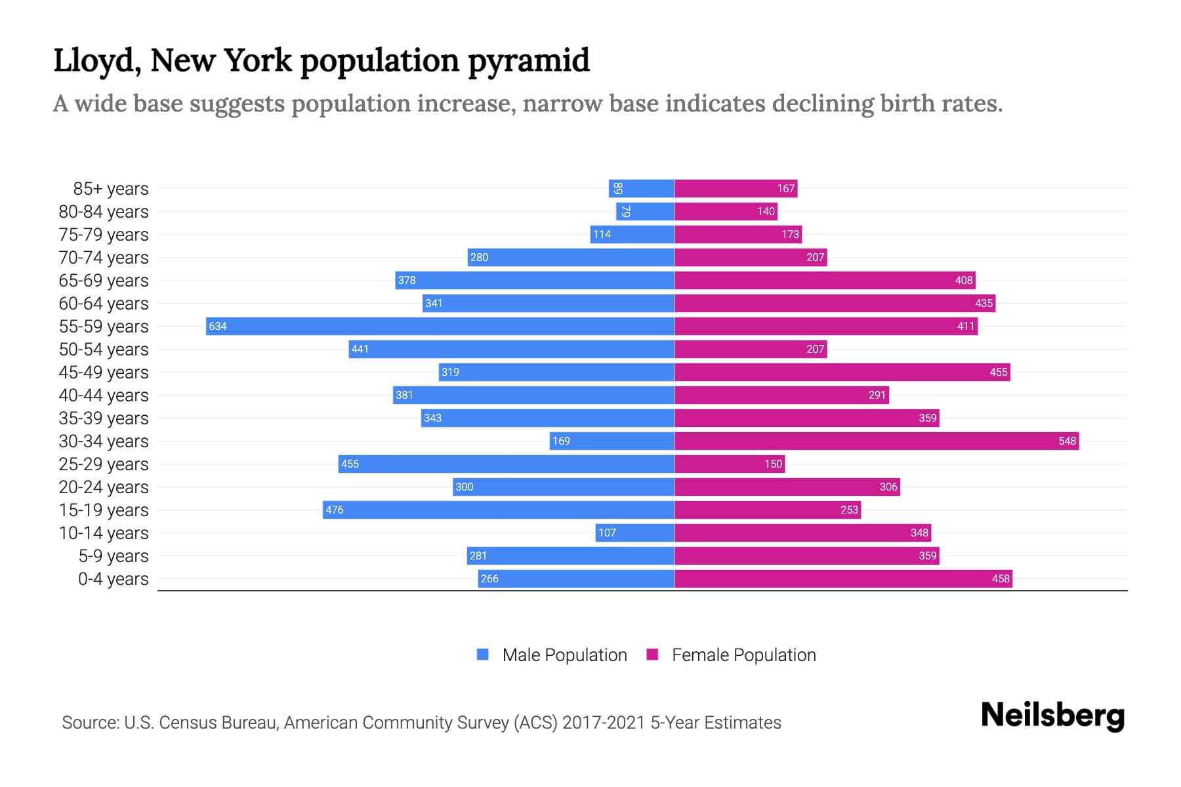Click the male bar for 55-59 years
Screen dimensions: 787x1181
pos(440,326)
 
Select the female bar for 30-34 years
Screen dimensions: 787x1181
pos(877,441)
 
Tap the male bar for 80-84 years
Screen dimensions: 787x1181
pos(645,211)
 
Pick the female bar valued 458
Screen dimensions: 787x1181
pos(843,578)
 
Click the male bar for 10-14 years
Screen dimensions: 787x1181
pos(634,533)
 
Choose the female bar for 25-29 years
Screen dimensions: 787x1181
pos(730,464)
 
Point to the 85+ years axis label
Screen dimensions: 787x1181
pos(110,189)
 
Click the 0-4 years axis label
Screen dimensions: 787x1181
pos(113,579)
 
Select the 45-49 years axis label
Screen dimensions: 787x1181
pos(104,373)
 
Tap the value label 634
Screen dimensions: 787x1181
pos(218,327)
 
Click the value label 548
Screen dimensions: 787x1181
pos(1067,441)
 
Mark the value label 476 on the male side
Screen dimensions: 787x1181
pos(335,510)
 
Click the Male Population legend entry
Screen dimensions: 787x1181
pos(564,655)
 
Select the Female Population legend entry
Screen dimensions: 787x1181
pos(743,655)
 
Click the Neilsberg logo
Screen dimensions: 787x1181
pos(1052,715)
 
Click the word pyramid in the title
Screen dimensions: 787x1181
pos(529,61)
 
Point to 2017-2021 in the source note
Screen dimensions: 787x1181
pos(603,723)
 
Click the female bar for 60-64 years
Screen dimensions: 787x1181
pos(835,303)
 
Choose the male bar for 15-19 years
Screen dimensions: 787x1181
pos(499,510)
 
